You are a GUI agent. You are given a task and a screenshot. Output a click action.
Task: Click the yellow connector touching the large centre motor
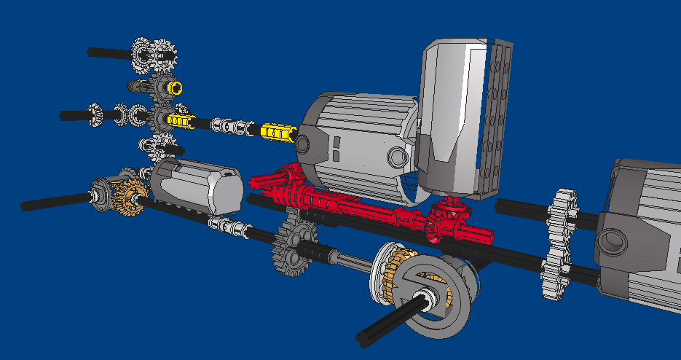(x=276, y=132)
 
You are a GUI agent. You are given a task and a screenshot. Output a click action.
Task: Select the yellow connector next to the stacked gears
(x=180, y=120)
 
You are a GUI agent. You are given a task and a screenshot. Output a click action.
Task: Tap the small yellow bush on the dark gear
(x=175, y=87)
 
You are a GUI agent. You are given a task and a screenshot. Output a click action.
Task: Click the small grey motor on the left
(x=197, y=186)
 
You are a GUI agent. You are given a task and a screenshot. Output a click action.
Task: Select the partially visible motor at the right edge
(x=641, y=233)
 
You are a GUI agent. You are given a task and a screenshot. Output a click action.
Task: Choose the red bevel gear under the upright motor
(x=444, y=219)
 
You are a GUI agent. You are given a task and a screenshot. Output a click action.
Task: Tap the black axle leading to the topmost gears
(x=109, y=52)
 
